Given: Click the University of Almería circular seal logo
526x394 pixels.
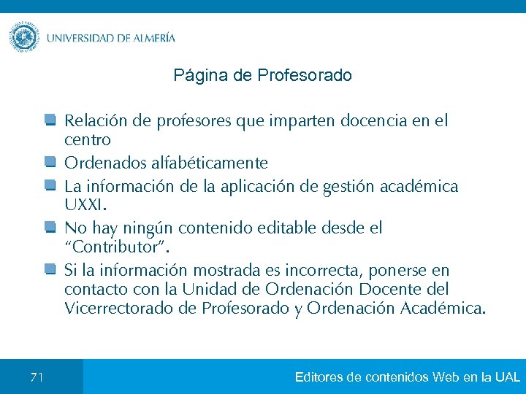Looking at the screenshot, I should pyautogui.click(x=24, y=37).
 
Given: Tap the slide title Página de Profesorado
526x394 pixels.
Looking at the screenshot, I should pyautogui.click(x=263, y=75).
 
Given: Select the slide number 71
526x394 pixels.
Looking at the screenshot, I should pyautogui.click(x=37, y=377).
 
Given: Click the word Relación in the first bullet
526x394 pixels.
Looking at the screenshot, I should pyautogui.click(x=91, y=120).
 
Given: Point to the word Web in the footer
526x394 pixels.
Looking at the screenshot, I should pyautogui.click(x=446, y=377).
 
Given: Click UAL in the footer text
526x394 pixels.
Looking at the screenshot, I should pyautogui.click(x=507, y=377).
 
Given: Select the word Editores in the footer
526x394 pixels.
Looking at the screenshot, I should pyautogui.click(x=319, y=377).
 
